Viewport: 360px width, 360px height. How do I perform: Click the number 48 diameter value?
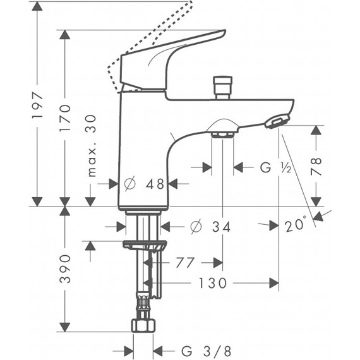(x=155, y=184)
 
